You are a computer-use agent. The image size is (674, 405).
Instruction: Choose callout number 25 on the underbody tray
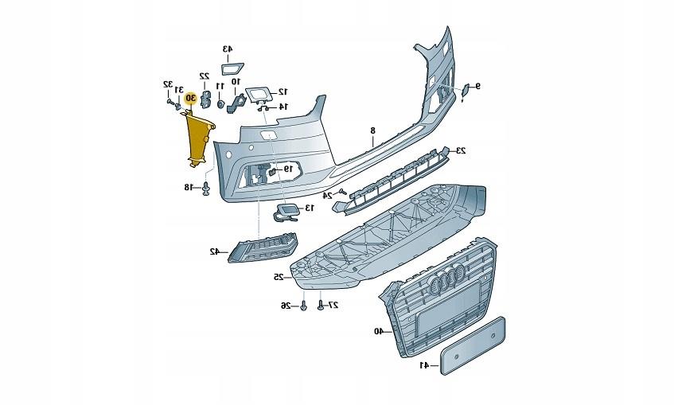coord(279,277)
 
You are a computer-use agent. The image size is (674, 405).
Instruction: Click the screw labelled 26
coord(305,306)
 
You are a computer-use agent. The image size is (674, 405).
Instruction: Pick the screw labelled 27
coord(320,305)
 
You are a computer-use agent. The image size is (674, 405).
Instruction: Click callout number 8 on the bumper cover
coord(372,129)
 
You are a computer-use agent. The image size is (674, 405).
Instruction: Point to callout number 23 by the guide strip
coord(461,150)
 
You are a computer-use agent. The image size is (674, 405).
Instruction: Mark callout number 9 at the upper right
coord(478,85)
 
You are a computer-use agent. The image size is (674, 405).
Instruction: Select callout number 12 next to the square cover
coord(282,92)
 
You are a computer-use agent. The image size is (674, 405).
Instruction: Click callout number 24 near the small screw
coord(327,194)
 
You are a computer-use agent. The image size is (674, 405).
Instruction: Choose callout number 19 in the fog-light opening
coord(289,169)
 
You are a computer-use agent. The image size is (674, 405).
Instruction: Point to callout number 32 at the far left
coord(168,84)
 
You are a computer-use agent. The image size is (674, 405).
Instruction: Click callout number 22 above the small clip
coord(204,76)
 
